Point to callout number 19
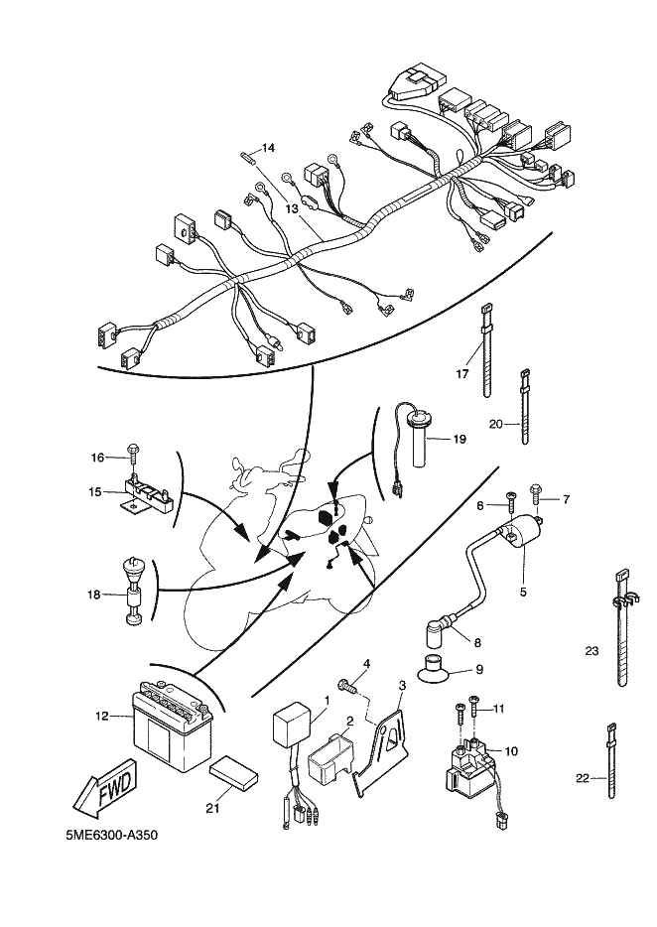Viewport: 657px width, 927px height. (460, 438)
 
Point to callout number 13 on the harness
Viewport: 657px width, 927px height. (293, 209)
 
